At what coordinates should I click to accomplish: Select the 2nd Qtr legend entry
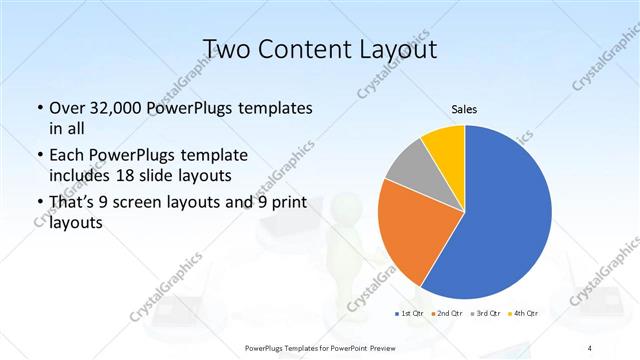tap(446, 314)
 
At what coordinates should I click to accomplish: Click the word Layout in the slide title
tap(392, 49)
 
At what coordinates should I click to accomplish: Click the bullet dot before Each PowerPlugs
tap(38, 156)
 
